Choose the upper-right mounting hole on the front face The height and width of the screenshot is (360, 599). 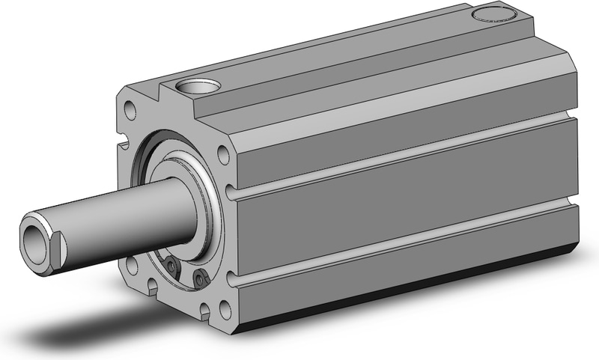222,155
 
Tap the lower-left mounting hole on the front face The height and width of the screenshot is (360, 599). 132,264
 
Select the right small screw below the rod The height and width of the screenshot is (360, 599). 199,279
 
